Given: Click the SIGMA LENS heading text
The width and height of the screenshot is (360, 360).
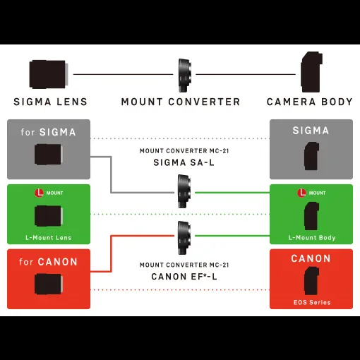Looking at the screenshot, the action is tap(50, 102).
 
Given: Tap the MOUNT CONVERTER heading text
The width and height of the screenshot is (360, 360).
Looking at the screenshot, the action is tap(181, 102).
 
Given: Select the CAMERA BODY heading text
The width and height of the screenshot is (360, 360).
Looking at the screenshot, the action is tap(309, 102).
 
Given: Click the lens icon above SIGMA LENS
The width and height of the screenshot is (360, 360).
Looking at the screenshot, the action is tap(49, 74).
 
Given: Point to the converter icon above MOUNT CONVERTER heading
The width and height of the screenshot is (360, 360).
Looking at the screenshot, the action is tap(184, 76).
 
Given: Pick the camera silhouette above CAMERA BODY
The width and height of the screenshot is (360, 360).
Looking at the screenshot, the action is tap(311, 72).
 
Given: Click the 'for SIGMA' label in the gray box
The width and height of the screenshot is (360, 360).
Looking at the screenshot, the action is tap(48, 132).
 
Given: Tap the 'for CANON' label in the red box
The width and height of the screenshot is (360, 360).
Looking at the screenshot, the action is tap(48, 262).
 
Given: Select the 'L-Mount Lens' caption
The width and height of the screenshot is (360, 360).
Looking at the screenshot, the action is tap(49, 238).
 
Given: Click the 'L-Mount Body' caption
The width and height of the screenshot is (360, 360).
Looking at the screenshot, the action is tap(312, 238).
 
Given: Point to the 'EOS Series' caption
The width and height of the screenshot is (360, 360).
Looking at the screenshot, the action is tap(312, 302).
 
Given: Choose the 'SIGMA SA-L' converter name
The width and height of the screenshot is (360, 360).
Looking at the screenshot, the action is tap(184, 162).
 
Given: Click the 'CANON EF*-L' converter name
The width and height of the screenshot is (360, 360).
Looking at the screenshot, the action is tap(184, 277).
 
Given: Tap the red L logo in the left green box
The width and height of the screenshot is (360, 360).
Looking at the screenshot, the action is tap(39, 193).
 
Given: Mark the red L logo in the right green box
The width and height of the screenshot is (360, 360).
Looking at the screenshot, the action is tap(301, 193).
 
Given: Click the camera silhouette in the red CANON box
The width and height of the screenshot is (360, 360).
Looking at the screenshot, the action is tap(311, 281).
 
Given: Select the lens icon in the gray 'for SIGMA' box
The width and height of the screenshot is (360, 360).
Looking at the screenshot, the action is tap(49, 155).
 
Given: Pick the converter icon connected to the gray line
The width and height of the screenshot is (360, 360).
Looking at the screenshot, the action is tap(184, 191).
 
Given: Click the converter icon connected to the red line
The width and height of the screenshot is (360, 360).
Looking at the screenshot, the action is tap(184, 238).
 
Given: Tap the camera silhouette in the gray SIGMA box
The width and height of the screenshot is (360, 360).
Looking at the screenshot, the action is tap(311, 156).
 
